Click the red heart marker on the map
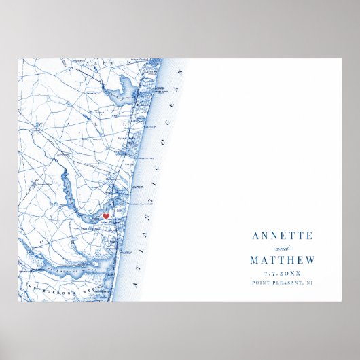(x=105, y=216)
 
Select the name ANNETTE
(x=282, y=236)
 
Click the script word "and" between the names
(x=282, y=248)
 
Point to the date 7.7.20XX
(x=282, y=272)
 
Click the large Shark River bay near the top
(x=126, y=89)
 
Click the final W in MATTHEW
(x=310, y=259)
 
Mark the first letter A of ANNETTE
(x=255, y=236)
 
